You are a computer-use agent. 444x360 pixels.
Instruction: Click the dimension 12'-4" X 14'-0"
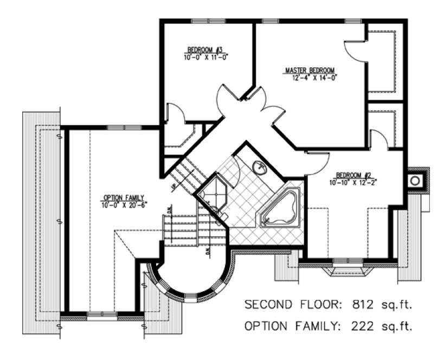(x=311, y=78)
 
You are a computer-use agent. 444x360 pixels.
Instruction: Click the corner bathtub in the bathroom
(x=280, y=209)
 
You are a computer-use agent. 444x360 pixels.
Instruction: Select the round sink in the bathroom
(x=260, y=168)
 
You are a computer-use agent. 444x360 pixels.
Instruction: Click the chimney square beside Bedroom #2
(x=416, y=180)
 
